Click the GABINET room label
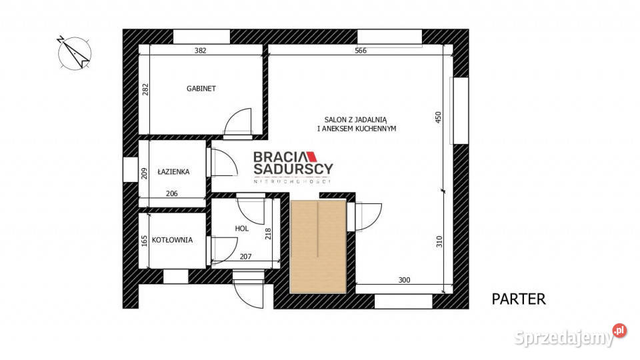point(201,89)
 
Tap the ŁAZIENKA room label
point(173,172)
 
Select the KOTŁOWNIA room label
point(172,240)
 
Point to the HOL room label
point(241,229)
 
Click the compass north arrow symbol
point(74,53)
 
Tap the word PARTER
point(519,299)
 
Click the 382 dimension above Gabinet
point(200,51)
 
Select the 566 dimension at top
point(361,51)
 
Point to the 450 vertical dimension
point(439,117)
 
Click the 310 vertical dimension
point(439,241)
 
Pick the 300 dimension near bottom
point(404,280)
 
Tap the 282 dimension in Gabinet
point(145,89)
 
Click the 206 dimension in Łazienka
point(171,193)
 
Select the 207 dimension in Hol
point(245,257)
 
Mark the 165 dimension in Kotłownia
point(144,241)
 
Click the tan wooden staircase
point(319,247)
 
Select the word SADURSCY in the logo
point(293,169)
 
